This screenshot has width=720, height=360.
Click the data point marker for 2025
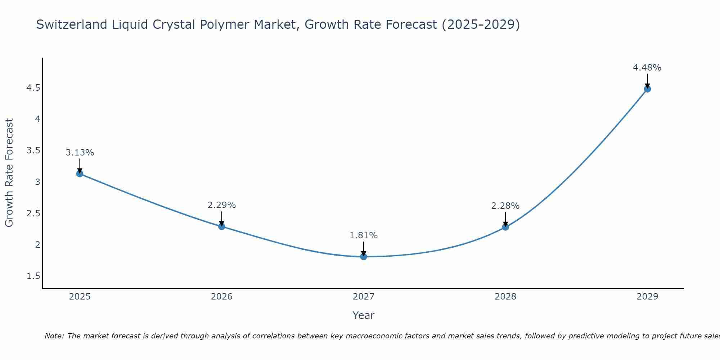click(80, 174)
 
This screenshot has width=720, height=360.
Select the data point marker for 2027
click(363, 256)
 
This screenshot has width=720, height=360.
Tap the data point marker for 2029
click(647, 89)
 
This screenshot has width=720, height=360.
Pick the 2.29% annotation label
click(221, 205)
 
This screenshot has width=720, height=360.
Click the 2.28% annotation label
click(505, 206)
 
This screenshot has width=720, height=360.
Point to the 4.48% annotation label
click(647, 68)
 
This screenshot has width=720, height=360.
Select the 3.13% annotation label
click(80, 153)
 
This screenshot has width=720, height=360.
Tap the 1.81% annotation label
click(363, 235)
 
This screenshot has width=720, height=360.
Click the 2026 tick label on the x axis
click(221, 297)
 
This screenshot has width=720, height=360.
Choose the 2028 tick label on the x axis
click(505, 297)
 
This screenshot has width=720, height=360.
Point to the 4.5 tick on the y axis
click(33, 88)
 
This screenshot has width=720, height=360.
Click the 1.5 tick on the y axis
click(33, 276)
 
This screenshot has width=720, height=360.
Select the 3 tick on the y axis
click(37, 182)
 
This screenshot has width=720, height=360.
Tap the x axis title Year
click(363, 315)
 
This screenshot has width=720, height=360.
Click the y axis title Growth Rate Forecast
click(9, 173)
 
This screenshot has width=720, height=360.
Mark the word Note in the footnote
click(54, 336)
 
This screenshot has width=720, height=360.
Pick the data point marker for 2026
click(221, 226)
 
